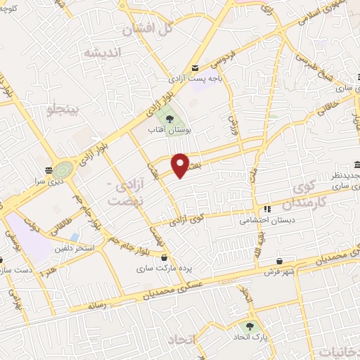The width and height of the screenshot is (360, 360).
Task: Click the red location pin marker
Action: point(181,165)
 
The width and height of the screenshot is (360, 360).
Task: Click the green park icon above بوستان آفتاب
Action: point(169,117)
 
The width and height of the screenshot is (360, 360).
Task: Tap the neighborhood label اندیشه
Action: point(102,53)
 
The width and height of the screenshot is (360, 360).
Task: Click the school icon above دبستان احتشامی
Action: point(267,209)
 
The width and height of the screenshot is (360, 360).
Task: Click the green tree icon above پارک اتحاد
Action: point(248,326)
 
